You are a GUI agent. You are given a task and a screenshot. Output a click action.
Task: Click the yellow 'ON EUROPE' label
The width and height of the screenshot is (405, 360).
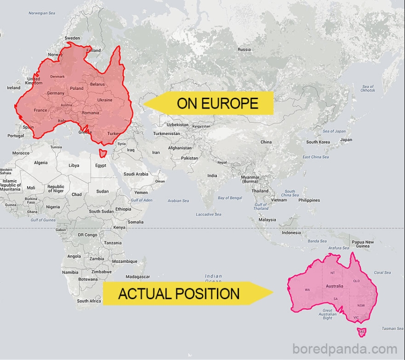point(217,103)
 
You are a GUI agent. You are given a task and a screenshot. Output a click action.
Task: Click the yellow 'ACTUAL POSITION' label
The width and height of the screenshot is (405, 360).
point(179,294)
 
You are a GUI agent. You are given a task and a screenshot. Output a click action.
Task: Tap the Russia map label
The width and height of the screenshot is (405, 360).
point(244,50)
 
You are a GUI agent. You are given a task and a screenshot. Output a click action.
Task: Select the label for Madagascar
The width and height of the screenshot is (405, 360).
point(137,277)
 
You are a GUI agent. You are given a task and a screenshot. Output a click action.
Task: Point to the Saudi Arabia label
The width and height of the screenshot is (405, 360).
point(135,174)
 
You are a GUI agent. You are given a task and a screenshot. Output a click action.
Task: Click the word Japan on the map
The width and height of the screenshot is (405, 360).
point(346,140)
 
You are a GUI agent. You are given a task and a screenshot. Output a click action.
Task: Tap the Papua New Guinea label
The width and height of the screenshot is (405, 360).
point(362,244)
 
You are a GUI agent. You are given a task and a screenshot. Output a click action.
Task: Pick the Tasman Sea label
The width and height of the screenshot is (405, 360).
point(392,329)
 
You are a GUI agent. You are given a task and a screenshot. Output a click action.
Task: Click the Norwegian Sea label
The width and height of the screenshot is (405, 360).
point(42,13)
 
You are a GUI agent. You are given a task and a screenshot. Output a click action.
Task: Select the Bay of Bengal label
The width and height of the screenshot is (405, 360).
point(230,198)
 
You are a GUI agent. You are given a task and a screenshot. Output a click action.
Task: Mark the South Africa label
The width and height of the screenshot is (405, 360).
point(89,301)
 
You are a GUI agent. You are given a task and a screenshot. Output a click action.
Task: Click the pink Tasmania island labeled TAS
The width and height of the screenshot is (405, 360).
point(362,332)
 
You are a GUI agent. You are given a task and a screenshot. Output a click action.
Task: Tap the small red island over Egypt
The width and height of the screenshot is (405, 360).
point(103,154)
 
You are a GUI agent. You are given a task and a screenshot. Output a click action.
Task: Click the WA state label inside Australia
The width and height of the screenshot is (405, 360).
point(307,290)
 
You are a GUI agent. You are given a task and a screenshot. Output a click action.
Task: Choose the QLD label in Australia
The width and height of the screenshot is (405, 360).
point(356,280)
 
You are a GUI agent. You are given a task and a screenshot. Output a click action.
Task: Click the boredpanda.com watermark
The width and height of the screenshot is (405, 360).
point(345,349)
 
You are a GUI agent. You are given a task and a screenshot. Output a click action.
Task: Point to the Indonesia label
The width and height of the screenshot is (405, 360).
point(291,233)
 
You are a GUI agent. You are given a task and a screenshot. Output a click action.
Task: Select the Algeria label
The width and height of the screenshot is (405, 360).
point(41,163)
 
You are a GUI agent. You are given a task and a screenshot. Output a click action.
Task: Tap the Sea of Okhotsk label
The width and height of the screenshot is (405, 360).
point(368,88)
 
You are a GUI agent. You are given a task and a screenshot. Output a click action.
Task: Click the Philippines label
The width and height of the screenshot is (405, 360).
point(309,200)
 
